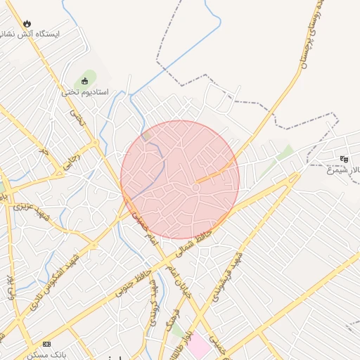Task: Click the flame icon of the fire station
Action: click(27, 23)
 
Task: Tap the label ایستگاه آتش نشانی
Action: click(31, 34)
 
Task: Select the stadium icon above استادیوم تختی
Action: click(86, 80)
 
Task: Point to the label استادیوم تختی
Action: click(85, 91)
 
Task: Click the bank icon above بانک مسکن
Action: click(46, 344)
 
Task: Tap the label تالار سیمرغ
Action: click(342, 169)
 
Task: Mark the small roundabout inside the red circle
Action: click(196, 188)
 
